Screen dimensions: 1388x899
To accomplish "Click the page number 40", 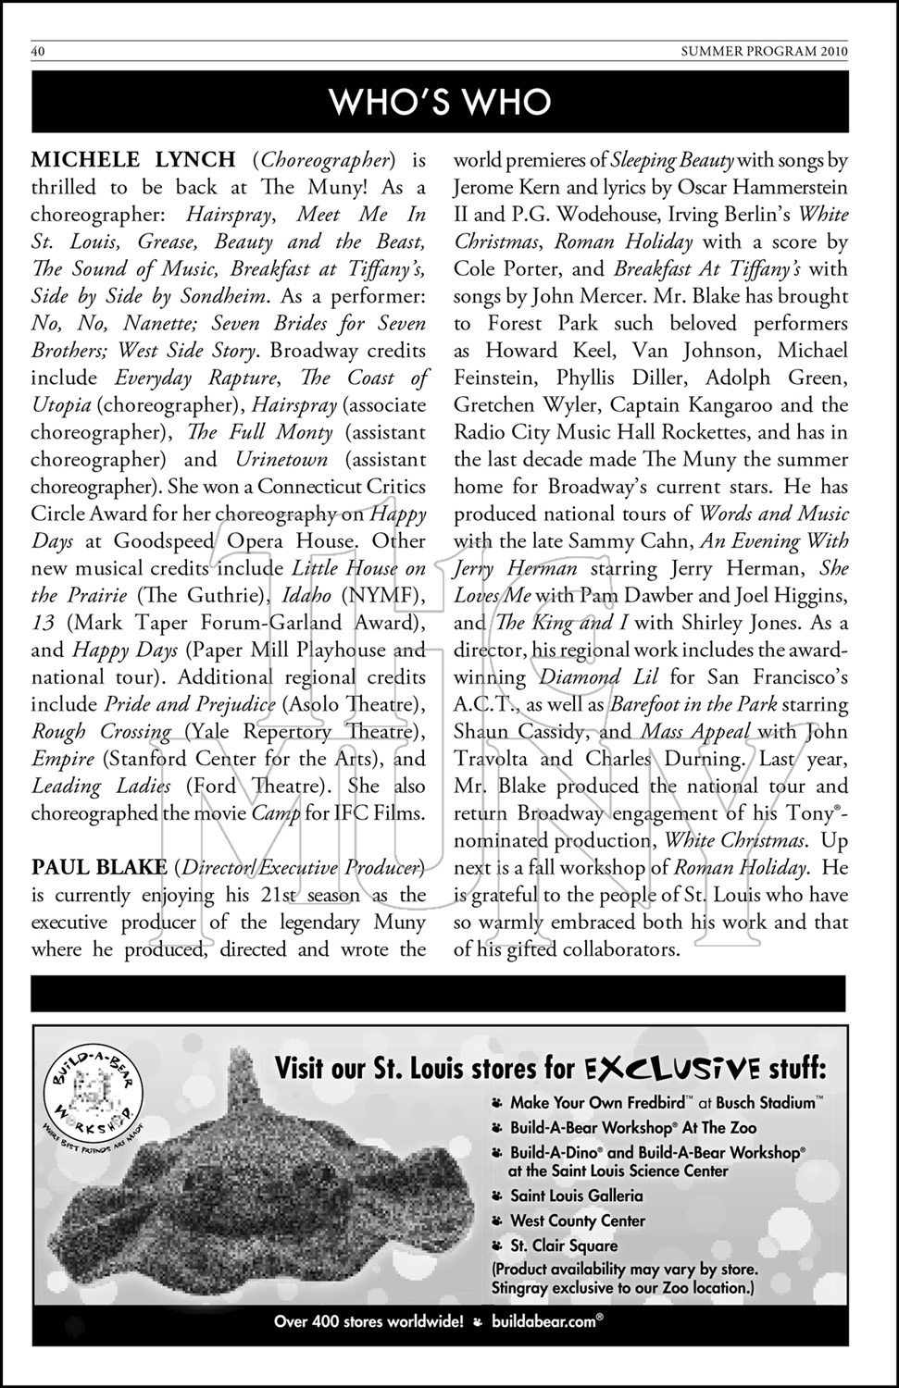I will pyautogui.click(x=39, y=52).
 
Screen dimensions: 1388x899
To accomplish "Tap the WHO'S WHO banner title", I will pyautogui.click(x=441, y=102).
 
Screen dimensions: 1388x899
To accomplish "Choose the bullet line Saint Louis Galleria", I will pyautogui.click(x=576, y=1196).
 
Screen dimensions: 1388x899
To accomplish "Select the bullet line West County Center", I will pyautogui.click(x=578, y=1221).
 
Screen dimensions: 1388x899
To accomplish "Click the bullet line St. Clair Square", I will pyautogui.click(x=564, y=1245).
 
